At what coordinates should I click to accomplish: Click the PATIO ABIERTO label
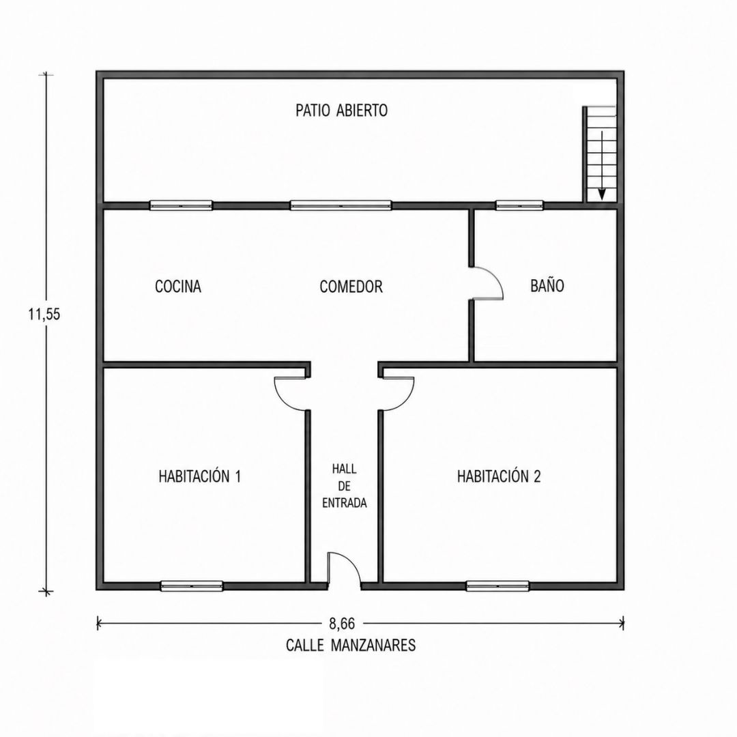(x=342, y=111)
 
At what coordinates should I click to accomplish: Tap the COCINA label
(x=178, y=286)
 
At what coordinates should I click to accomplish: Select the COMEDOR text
(x=351, y=286)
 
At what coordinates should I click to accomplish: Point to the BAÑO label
(x=547, y=285)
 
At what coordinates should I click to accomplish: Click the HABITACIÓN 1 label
(x=200, y=476)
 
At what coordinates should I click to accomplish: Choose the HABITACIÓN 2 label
(x=499, y=476)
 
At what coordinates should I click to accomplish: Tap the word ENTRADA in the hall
(x=344, y=503)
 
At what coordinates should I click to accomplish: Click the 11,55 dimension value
(x=44, y=314)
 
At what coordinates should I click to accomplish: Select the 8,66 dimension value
(x=342, y=624)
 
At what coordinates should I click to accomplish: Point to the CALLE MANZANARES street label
(x=351, y=645)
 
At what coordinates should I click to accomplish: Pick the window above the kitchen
(x=181, y=205)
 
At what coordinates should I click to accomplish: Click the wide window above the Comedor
(x=341, y=205)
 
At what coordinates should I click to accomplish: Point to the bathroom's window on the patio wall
(x=519, y=205)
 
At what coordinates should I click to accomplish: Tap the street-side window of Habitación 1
(x=192, y=586)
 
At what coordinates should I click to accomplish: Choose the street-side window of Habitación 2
(x=497, y=586)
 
